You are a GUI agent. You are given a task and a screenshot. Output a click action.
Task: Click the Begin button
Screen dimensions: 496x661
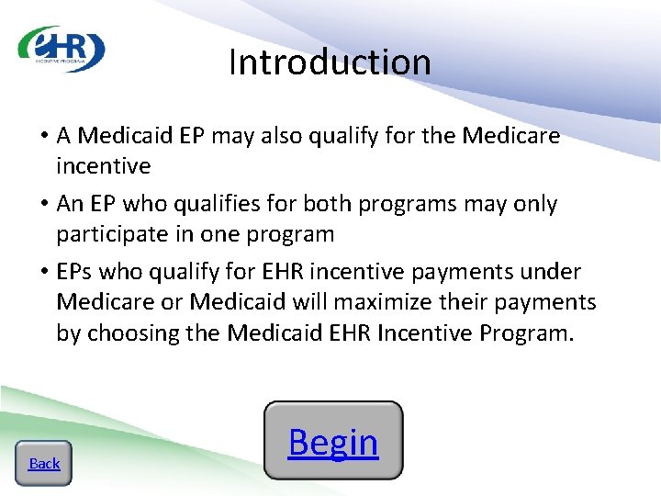[x=333, y=442]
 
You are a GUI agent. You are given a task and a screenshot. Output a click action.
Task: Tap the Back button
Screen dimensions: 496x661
[x=44, y=464]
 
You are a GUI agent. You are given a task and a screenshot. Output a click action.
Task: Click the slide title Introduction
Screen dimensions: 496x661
[x=330, y=62]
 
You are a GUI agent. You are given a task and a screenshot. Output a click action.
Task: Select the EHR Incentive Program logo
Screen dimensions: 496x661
[x=62, y=49]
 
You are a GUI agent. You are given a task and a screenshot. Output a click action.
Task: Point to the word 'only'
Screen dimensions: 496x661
[x=529, y=204]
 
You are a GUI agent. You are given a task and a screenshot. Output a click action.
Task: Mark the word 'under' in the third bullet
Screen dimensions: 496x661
[x=548, y=272]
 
